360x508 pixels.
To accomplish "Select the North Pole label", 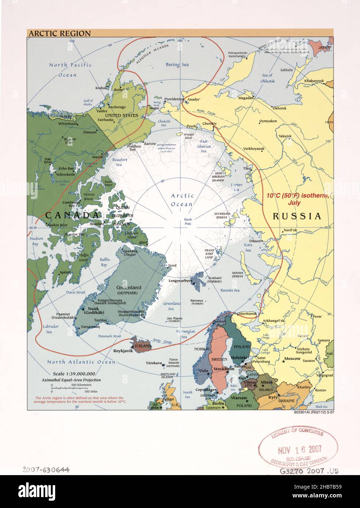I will (x=188, y=221).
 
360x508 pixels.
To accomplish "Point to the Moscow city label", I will (x=292, y=359).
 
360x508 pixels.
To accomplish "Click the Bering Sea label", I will (x=177, y=65).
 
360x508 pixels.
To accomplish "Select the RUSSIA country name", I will (x=297, y=216).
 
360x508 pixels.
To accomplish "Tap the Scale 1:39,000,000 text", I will (x=74, y=374).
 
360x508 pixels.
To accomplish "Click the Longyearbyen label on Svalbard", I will (x=180, y=281).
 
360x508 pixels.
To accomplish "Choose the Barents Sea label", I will (x=230, y=290).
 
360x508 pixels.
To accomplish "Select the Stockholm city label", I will (x=224, y=369).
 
